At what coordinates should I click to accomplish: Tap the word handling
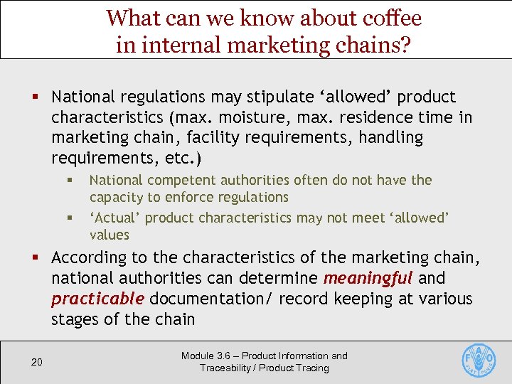coord(389,137)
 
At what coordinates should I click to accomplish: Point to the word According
coord(90,257)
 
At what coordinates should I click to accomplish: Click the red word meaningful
coord(367,278)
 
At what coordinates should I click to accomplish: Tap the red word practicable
coord(97,299)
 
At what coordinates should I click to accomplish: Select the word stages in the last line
coord(75,319)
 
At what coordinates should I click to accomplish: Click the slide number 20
coord(37,363)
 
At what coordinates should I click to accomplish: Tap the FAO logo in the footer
coord(479,361)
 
